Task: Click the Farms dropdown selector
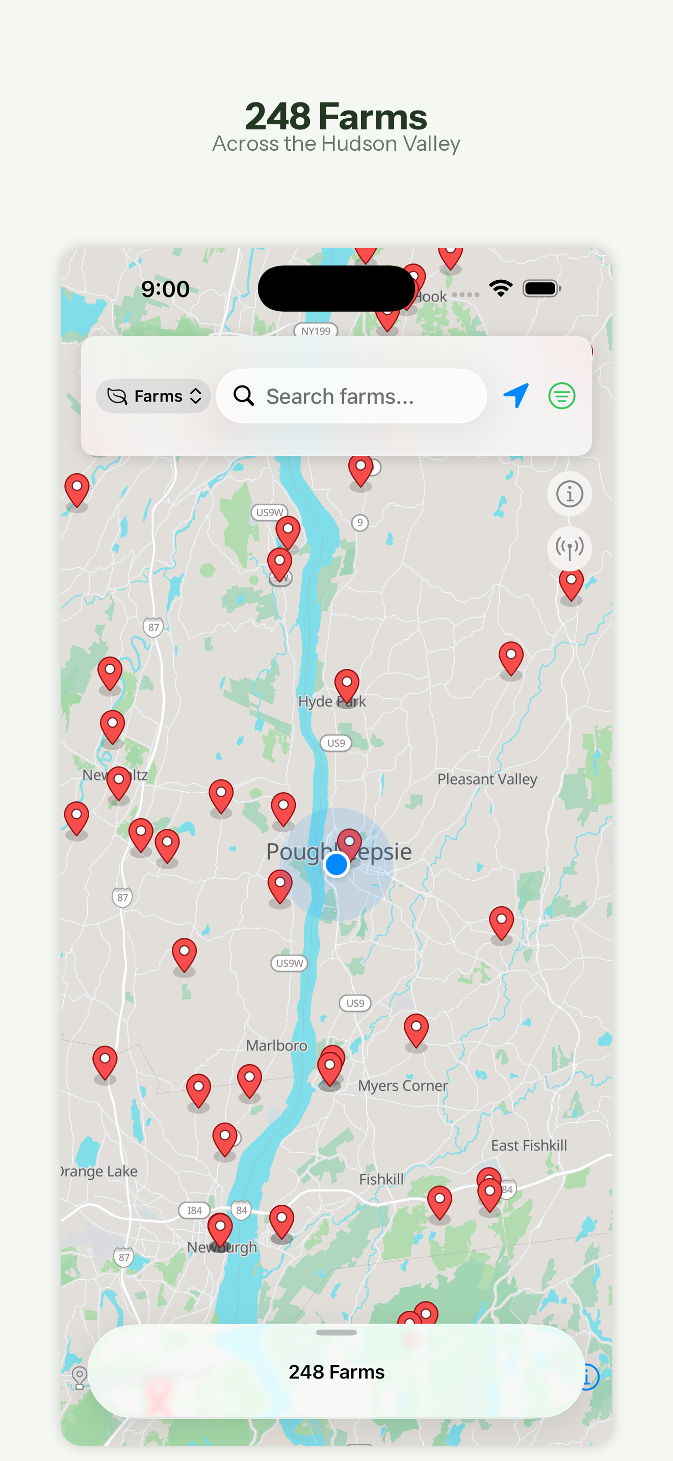tap(153, 396)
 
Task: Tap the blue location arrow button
tap(516, 395)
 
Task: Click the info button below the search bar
tap(569, 494)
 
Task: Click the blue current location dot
tap(336, 864)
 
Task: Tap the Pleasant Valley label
tap(487, 779)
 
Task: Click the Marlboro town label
tap(276, 1045)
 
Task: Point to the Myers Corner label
tap(402, 1086)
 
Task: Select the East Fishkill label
tap(528, 1145)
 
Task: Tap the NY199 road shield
tap(316, 331)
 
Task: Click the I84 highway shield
tap(194, 1210)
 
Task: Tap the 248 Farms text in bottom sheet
tap(336, 1371)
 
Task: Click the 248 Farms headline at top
tap(336, 116)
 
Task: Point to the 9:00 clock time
tap(165, 289)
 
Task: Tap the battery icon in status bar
tap(541, 289)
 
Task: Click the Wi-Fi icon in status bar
tap(501, 289)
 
